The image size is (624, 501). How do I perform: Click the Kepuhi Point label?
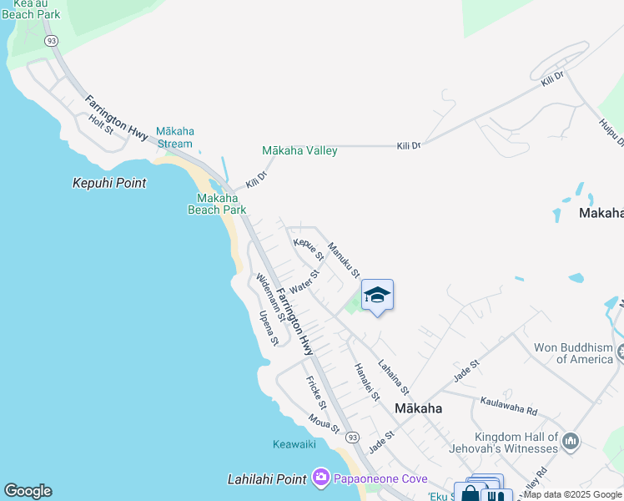pyautogui.click(x=109, y=183)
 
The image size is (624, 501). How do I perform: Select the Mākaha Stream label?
pyautogui.click(x=175, y=137)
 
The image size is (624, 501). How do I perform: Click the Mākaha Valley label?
pyautogui.click(x=299, y=151)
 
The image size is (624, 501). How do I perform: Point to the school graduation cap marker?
pyautogui.click(x=377, y=296)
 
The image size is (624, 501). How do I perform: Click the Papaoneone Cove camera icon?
pyautogui.click(x=321, y=478)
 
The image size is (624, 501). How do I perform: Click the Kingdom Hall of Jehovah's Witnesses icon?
pyautogui.click(x=571, y=440)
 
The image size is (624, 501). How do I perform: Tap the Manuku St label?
pyautogui.click(x=344, y=260)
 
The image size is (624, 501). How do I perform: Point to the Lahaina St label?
pyautogui.click(x=393, y=377)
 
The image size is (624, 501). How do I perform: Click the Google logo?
pyautogui.click(x=28, y=491)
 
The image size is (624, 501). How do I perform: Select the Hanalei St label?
pyautogui.click(x=367, y=382)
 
